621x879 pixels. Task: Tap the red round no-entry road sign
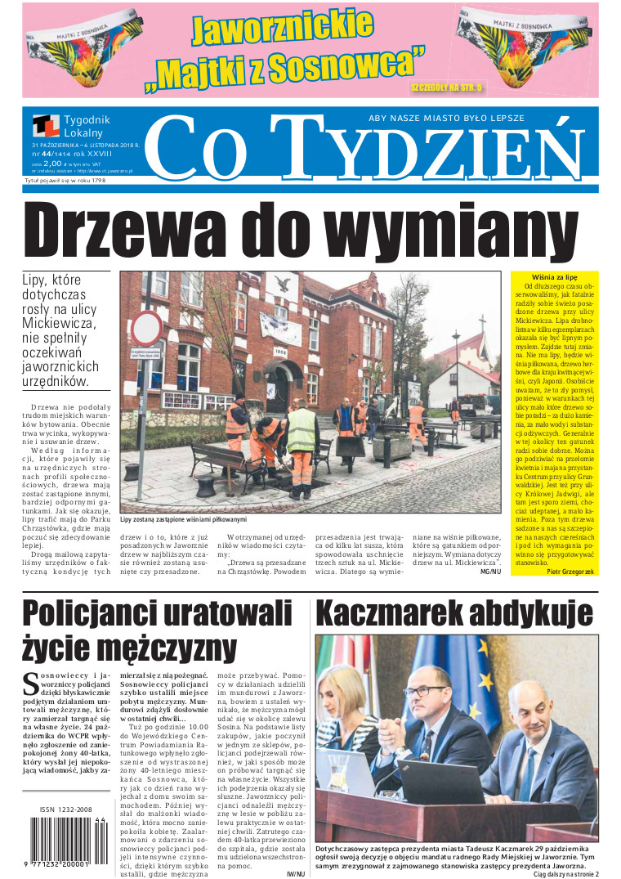coord(146,329)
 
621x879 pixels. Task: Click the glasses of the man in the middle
coord(426,692)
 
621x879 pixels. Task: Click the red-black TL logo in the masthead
coord(46,125)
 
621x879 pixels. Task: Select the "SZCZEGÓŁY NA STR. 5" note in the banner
coord(446,85)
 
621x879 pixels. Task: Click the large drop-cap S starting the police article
coord(29,682)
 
